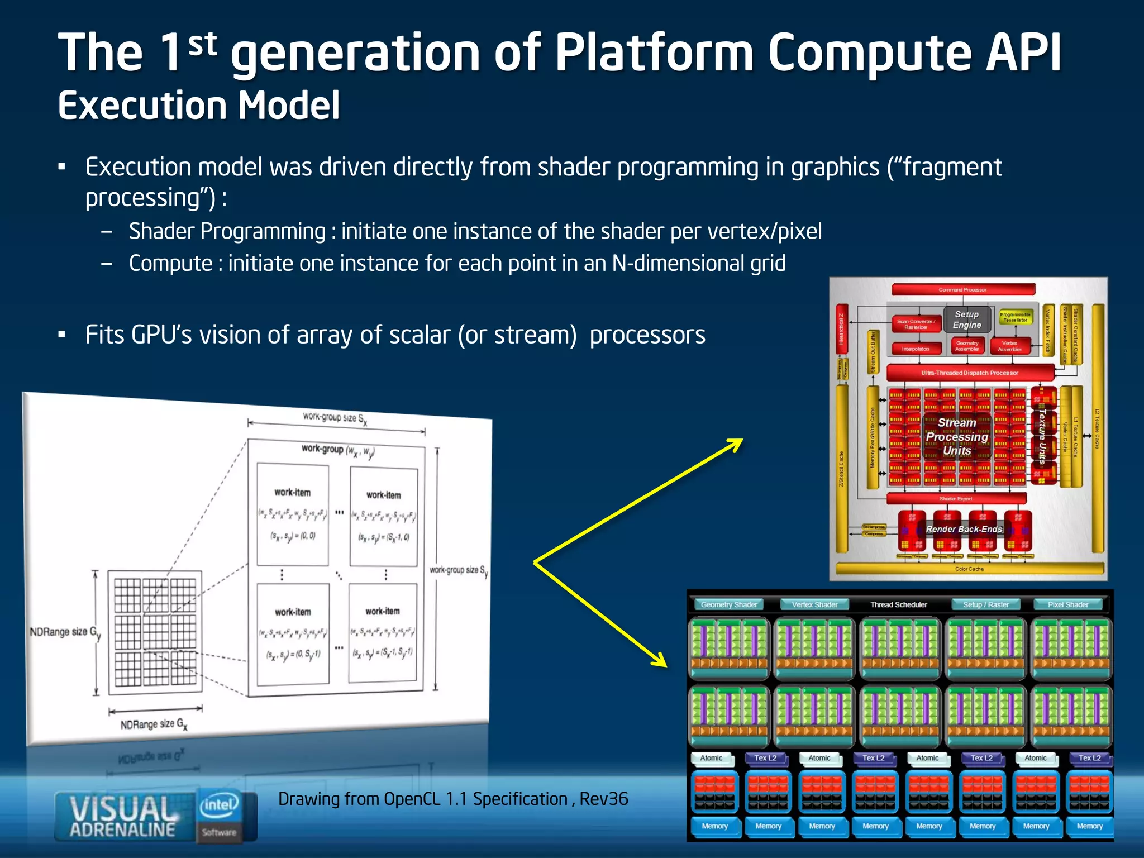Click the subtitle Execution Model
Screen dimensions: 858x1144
pos(199,106)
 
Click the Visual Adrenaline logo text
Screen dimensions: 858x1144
pos(123,816)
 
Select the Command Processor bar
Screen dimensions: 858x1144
pos(962,289)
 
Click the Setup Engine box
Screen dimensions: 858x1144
pos(966,320)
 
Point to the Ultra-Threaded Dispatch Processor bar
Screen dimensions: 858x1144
pos(969,373)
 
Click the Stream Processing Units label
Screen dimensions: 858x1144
pos(957,436)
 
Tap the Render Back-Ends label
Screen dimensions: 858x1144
pos(964,529)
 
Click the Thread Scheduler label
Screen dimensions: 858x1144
pos(898,604)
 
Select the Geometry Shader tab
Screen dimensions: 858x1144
pos(729,604)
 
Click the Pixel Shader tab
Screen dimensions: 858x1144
pos(1067,604)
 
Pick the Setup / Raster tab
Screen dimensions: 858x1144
pos(986,604)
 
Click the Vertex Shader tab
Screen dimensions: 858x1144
pos(814,604)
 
